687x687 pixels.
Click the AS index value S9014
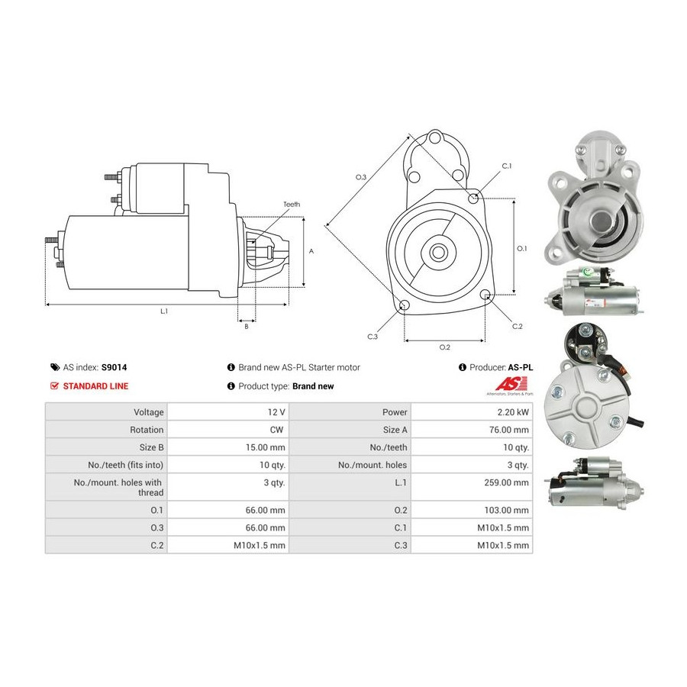[x=114, y=368]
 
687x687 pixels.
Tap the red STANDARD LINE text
[x=95, y=386]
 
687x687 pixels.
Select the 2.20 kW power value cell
[x=513, y=412]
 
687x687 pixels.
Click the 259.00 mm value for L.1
[x=507, y=482]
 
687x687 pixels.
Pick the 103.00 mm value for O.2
[x=507, y=510]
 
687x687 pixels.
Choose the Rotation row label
[x=147, y=430]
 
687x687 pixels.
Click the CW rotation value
[x=276, y=430]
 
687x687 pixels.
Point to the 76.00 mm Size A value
[x=509, y=430]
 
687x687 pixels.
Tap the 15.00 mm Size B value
[x=265, y=447]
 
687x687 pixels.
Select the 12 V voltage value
[x=276, y=412]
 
